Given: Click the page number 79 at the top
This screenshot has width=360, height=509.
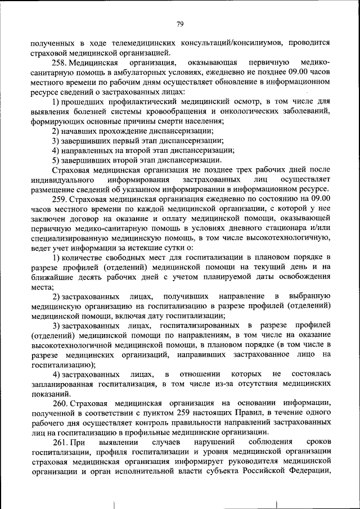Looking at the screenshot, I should click(x=180, y=24).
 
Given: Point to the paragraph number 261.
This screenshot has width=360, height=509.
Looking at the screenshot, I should click(x=60, y=444).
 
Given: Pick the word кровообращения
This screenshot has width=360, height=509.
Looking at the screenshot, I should click(x=184, y=111).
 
